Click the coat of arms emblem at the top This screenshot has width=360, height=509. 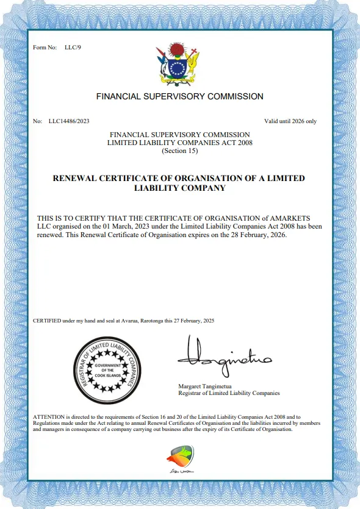pos(178,64)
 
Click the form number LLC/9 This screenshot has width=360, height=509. pos(73,47)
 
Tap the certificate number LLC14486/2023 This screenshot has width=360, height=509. pos(69,121)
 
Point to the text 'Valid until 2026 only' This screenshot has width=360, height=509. pos(290,121)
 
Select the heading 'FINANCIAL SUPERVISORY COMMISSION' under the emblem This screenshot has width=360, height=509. pos(180,96)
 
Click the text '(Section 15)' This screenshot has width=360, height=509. pos(179,151)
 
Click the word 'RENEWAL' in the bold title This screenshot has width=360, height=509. pos(76,178)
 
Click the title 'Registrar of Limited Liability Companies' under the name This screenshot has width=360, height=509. pos(229,394)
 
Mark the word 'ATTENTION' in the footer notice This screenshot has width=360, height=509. pos(47,416)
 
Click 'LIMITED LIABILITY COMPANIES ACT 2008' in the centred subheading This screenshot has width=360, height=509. pos(179,143)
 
